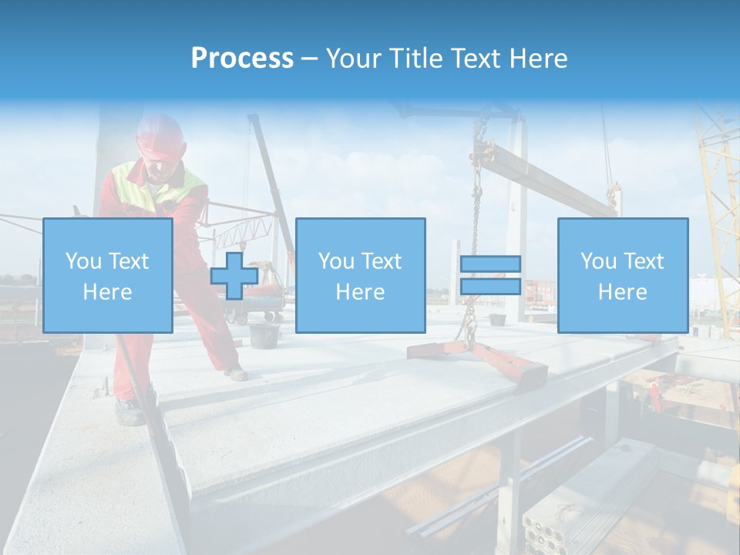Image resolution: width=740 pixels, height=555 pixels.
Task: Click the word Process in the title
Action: pos(242,59)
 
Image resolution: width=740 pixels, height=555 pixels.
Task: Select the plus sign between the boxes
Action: pos(234,275)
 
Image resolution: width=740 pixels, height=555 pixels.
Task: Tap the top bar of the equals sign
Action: pos(490,264)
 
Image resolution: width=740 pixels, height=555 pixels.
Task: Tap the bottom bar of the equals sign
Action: pos(490,286)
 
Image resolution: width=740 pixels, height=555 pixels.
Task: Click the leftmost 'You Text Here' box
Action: pos(108,275)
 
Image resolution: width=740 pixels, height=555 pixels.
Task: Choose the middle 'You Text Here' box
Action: pos(360,275)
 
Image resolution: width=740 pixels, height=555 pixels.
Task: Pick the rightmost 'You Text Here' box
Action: pos(622,275)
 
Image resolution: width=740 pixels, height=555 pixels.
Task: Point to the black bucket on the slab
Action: pos(264,335)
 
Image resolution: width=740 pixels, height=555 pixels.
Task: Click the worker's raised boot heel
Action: pos(236,373)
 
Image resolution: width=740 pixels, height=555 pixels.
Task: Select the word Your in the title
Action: pos(355,59)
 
